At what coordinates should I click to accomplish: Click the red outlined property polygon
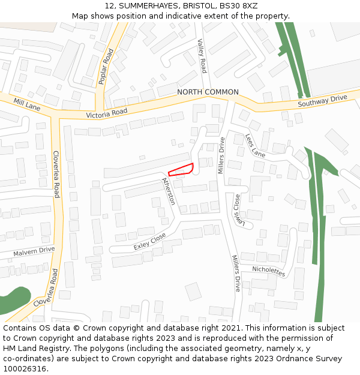tap(181, 170)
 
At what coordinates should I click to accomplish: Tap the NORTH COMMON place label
tap(208, 92)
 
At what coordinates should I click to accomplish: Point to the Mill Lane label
tap(26, 104)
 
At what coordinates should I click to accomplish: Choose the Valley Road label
tap(202, 56)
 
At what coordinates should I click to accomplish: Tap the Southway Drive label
tap(323, 100)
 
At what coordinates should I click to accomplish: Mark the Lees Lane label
tap(255, 145)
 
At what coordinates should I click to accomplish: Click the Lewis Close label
tap(241, 211)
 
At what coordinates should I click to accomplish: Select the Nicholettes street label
tap(268, 270)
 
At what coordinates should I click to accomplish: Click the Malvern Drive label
tap(34, 251)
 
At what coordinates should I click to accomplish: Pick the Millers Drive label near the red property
tap(221, 155)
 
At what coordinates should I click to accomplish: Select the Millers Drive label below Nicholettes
tap(236, 273)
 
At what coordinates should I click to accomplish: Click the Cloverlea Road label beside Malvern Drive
tap(56, 174)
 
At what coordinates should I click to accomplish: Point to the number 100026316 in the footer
tap(25, 368)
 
